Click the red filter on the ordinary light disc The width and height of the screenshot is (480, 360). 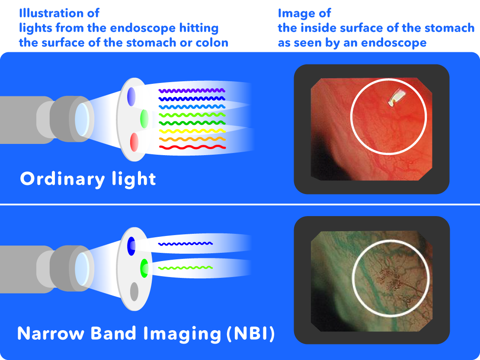[134, 142]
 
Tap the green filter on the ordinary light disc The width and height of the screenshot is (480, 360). [144, 119]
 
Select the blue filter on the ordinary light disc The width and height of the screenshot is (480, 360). [131, 97]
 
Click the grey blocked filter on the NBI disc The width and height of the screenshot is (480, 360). [134, 291]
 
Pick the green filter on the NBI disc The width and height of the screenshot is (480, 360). [144, 268]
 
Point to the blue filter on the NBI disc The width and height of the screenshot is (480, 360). [131, 246]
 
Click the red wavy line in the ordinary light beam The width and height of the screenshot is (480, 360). [192, 147]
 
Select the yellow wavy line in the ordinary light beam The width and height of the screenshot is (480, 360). [192, 131]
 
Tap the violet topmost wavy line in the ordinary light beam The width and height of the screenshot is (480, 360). [192, 90]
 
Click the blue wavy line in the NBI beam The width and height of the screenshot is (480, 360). [186, 244]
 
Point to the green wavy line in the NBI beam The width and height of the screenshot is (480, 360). [186, 268]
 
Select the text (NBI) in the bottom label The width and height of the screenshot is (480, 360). [251, 333]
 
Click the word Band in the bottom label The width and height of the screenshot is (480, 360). [113, 333]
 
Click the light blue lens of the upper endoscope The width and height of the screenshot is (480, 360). [82, 119]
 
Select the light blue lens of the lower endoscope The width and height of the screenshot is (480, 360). [82, 269]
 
